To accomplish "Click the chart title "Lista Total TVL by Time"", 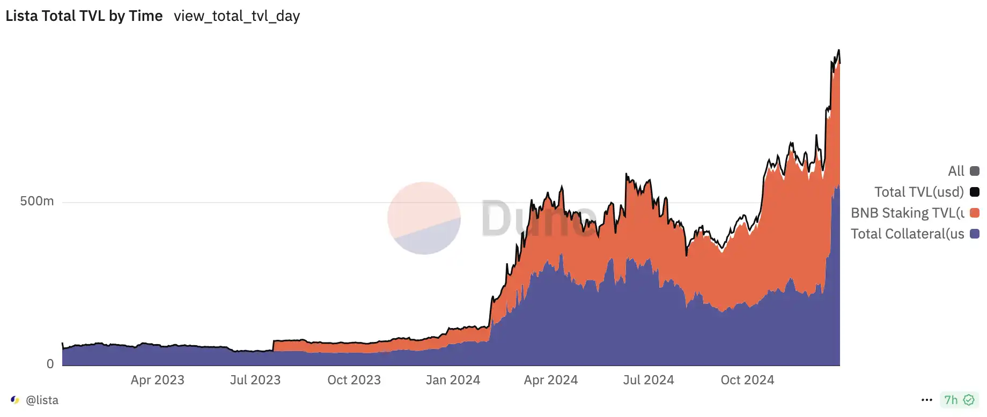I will click(x=84, y=16).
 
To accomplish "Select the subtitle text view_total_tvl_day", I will click(x=237, y=16).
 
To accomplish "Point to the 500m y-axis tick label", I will click(x=37, y=201).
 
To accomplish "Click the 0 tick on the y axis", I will click(x=50, y=364).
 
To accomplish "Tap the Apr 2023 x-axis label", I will click(x=157, y=380).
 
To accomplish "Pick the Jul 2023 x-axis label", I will click(x=255, y=380).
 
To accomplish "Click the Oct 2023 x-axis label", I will click(x=354, y=380).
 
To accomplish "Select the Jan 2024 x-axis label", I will click(x=453, y=380).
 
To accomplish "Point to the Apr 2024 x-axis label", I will click(x=551, y=380).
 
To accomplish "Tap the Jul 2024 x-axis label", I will click(x=649, y=380).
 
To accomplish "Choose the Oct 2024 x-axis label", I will click(x=747, y=380).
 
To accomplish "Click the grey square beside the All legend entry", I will click(x=975, y=171).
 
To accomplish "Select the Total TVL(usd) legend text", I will click(x=919, y=192).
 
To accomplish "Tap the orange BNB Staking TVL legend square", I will click(x=975, y=213).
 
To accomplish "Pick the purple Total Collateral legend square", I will click(x=975, y=234).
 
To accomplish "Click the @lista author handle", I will click(x=42, y=400).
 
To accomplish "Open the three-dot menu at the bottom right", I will click(x=927, y=400).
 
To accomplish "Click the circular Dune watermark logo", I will click(x=424, y=218).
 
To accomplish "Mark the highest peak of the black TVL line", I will click(x=838, y=50).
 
